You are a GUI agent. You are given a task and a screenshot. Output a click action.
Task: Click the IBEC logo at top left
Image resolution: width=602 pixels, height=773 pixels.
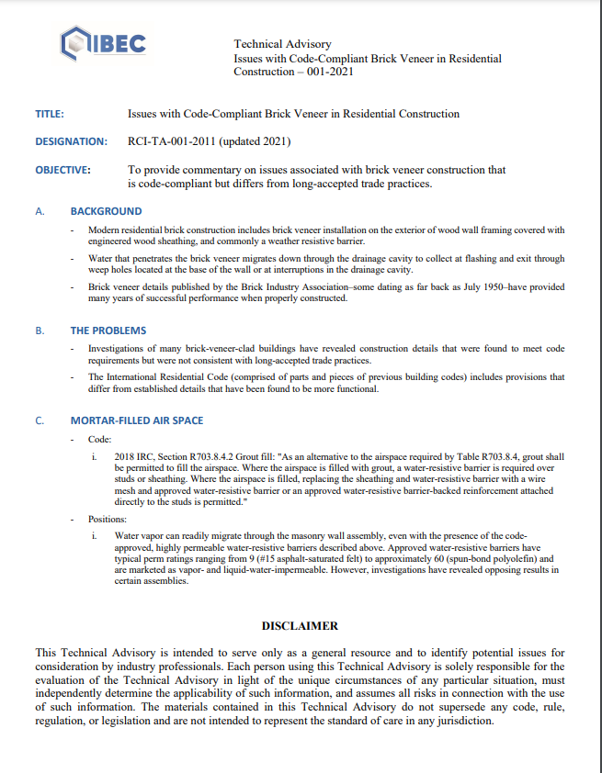tap(102, 43)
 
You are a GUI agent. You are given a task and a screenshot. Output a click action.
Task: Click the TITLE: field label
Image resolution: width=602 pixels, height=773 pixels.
tap(50, 114)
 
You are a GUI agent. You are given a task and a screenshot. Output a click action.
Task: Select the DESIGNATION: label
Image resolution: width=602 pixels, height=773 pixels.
tap(71, 141)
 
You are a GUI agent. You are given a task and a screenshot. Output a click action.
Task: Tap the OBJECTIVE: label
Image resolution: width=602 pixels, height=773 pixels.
tap(62, 170)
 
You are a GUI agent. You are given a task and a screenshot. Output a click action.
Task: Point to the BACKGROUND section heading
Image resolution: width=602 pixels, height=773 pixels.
tap(106, 211)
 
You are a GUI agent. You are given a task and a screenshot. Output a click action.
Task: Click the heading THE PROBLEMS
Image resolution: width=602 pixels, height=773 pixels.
tap(108, 330)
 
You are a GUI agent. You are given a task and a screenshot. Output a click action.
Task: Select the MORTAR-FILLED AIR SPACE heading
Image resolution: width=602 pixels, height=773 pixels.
tap(137, 420)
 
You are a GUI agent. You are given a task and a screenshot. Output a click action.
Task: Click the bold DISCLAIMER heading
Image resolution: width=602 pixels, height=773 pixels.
tap(301, 626)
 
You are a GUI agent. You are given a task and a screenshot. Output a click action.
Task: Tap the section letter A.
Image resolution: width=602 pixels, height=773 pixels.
tap(40, 211)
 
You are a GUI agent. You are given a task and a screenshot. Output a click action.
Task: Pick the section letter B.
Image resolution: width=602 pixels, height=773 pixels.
tap(40, 330)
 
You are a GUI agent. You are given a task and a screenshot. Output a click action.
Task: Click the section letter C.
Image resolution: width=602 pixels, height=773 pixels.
tap(40, 420)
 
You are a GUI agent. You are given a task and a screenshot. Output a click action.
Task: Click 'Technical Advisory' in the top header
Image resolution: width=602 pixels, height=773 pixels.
tap(282, 44)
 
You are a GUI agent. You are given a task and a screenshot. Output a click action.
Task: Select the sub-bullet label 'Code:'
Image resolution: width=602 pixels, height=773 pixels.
tap(100, 440)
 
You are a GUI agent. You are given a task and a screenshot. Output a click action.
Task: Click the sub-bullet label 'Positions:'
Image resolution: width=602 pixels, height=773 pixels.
tap(108, 520)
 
